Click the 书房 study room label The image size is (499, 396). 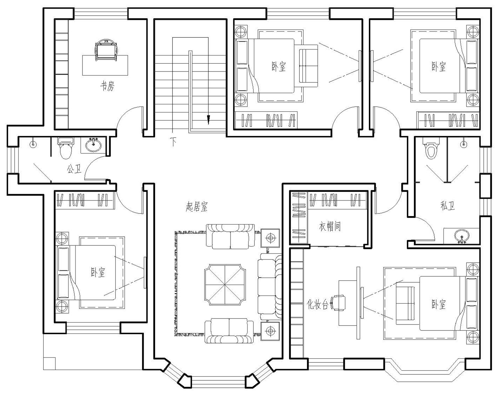point(107,86)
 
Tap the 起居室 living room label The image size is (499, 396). point(197,206)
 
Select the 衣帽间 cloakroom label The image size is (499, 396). point(330,226)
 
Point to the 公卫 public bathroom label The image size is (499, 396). point(74,169)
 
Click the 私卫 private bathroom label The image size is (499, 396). point(447,205)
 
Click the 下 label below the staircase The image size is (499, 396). point(173,141)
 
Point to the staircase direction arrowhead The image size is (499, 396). point(209,119)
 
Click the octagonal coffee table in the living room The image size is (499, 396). point(225,284)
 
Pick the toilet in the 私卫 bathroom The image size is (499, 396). point(431,148)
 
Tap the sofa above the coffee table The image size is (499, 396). point(230,236)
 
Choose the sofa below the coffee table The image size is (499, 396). point(229,331)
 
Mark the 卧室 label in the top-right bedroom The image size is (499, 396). point(438,66)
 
